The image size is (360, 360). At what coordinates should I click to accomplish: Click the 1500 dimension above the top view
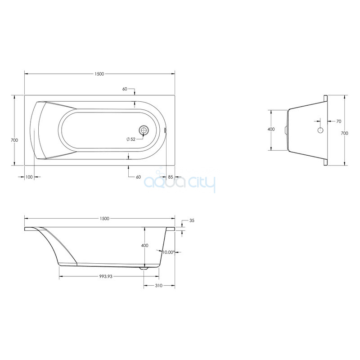pos(99,74)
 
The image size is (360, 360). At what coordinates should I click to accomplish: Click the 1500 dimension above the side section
pos(104,219)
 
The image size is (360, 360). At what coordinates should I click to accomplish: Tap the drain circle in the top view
pos(144,130)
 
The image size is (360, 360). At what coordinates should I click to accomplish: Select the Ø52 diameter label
pos(131,139)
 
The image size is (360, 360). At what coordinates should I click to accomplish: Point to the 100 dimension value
pos(29,177)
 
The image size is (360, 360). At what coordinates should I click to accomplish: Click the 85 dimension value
pos(171,177)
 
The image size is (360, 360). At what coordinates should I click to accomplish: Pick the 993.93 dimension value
pos(106,276)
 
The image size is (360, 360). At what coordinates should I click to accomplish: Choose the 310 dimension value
pos(159,286)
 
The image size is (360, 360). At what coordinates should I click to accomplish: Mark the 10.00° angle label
pos(168,252)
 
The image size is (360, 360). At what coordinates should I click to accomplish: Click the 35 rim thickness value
pos(192,220)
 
